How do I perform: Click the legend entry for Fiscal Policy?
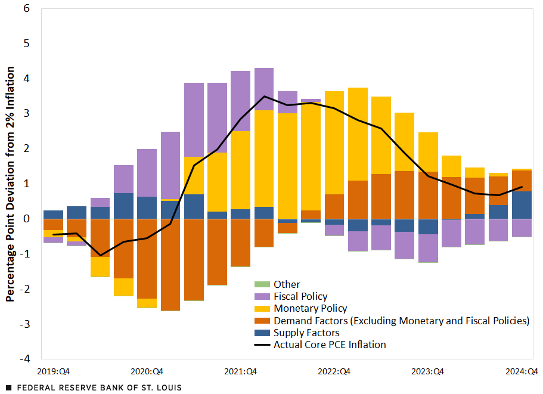click(300, 296)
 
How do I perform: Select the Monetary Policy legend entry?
click(310, 308)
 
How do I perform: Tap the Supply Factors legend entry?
click(306, 333)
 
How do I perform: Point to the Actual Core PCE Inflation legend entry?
click(330, 345)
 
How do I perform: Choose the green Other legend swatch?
click(263, 284)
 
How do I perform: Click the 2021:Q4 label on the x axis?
click(240, 371)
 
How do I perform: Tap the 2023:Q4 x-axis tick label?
click(428, 371)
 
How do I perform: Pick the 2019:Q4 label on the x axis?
click(54, 371)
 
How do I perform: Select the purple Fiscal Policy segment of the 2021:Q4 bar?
click(240, 101)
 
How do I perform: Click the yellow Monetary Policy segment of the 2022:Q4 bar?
click(334, 142)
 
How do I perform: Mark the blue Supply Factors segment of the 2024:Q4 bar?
click(522, 205)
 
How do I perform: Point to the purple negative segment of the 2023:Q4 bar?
click(428, 248)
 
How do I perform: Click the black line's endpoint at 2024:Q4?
click(522, 187)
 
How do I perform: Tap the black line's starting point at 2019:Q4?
click(54, 234)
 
